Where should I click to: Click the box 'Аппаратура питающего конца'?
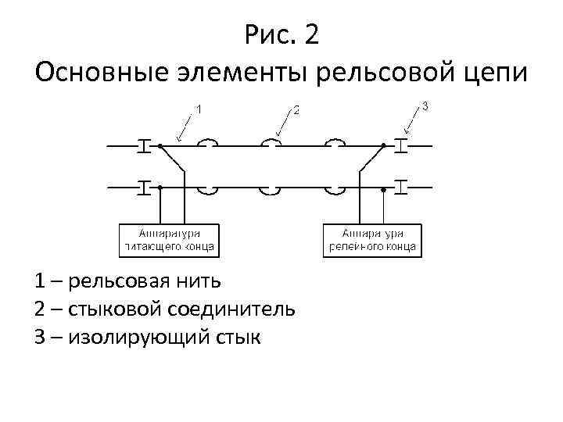point(169,240)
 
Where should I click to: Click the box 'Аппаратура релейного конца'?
point(372,240)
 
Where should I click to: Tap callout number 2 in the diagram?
point(296,109)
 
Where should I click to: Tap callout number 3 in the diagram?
point(425,105)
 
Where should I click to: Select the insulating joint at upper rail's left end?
point(144,145)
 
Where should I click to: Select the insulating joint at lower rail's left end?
point(144,188)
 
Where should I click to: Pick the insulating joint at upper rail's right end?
point(401,145)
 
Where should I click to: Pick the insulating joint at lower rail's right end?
point(401,188)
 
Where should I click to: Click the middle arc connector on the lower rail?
point(271,190)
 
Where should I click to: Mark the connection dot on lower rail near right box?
point(383,188)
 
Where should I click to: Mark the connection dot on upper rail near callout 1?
point(160,145)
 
